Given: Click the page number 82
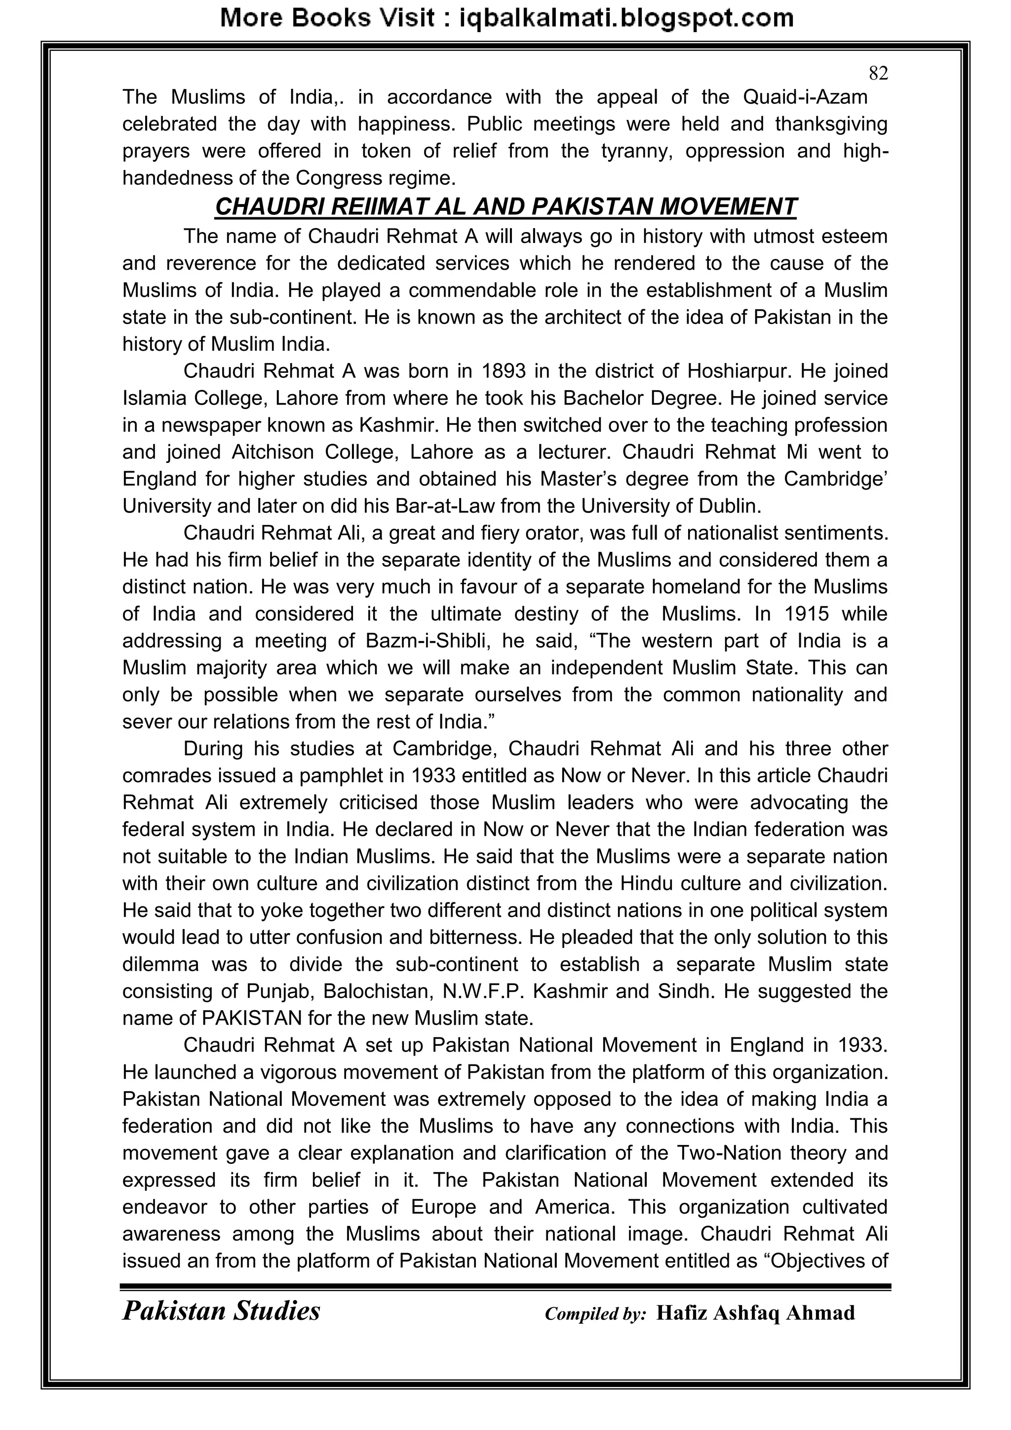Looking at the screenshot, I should [878, 74].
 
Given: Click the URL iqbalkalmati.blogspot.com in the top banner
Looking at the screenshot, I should [625, 18].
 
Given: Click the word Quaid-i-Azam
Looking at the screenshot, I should [806, 97].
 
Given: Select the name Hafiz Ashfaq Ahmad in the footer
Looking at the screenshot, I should [755, 1313].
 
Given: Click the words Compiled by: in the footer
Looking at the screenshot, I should [595, 1314].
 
